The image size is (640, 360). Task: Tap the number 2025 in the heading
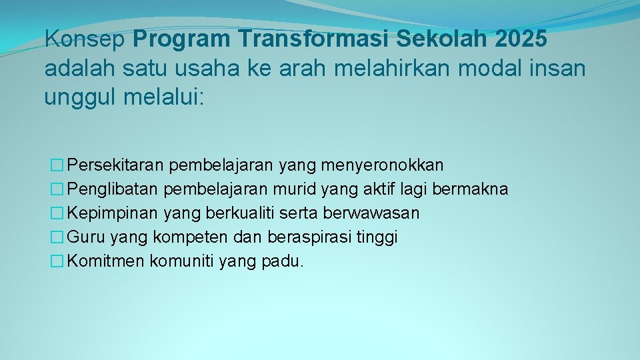click(x=521, y=39)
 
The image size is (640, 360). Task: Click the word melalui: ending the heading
click(x=166, y=98)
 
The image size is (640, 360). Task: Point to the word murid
click(x=293, y=189)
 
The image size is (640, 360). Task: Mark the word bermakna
click(x=470, y=189)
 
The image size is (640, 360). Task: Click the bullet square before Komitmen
click(x=59, y=261)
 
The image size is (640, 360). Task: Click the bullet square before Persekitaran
click(x=59, y=165)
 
